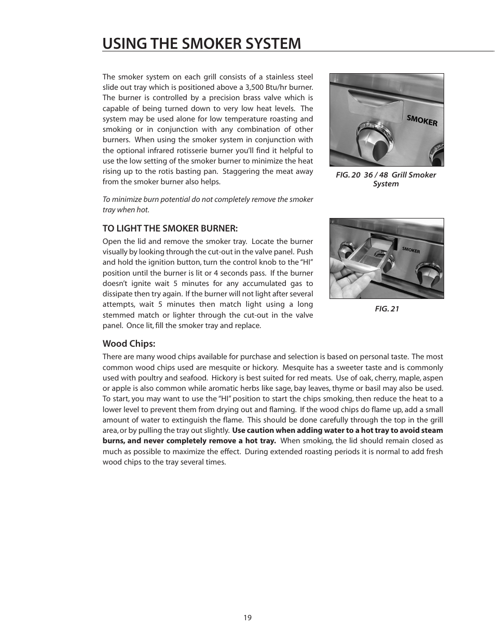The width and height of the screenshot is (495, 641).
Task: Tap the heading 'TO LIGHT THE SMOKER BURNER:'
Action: coord(170,228)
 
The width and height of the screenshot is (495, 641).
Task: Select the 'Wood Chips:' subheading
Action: coord(129,344)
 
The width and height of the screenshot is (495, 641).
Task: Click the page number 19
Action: coord(247,618)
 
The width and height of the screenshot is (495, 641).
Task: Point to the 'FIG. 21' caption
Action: coord(387,309)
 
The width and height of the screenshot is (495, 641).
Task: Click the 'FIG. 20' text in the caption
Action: coord(348,175)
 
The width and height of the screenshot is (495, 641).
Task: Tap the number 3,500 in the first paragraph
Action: coord(256,87)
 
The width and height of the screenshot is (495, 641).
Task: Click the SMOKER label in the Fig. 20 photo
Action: coord(422,121)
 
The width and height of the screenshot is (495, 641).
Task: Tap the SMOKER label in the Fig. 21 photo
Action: coord(411,250)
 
